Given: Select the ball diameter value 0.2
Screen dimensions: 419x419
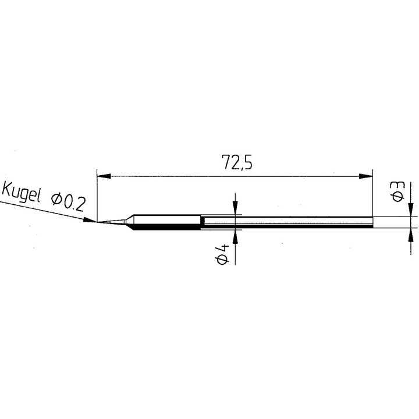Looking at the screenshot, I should (74, 202).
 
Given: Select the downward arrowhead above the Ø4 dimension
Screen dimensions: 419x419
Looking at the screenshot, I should (236, 209).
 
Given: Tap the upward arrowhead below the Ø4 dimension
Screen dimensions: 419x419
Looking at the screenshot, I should (236, 235).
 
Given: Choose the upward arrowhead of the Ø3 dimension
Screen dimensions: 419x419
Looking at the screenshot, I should (412, 233).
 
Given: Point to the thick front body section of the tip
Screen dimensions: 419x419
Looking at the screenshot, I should (166, 222).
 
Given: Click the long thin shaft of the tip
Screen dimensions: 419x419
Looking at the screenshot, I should (285, 222).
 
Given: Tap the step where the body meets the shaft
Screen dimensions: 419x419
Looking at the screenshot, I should (201, 222).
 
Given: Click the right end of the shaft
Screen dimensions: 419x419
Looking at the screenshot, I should (371, 222).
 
